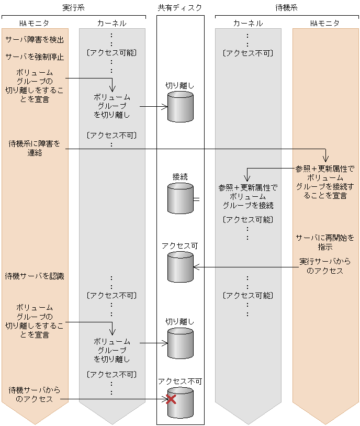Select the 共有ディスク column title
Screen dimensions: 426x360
(179, 8)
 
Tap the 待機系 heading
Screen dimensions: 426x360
(287, 8)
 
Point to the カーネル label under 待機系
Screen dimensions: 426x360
(248, 24)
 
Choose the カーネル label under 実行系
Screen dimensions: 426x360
(111, 24)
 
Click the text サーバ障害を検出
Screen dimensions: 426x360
(35, 40)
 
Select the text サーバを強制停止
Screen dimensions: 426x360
(35, 57)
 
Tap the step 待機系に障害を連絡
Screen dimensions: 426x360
(35, 148)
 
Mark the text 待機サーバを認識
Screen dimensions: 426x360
(35, 275)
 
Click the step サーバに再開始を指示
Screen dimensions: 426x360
(325, 242)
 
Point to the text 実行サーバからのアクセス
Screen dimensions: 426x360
(325, 266)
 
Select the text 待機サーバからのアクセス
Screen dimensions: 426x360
(35, 395)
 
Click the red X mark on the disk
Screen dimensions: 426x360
(171, 399)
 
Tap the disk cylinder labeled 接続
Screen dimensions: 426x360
(180, 199)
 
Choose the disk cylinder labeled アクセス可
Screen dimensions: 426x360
(180, 267)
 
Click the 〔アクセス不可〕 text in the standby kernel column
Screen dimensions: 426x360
(248, 53)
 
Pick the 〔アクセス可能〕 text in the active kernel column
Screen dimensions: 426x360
(111, 53)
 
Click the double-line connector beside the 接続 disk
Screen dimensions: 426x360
(196, 199)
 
